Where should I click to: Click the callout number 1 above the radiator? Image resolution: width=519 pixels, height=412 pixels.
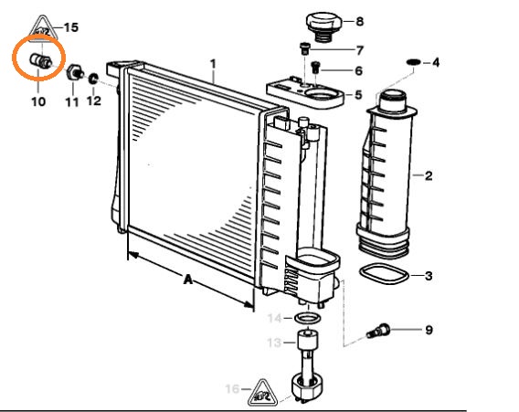click(213, 64)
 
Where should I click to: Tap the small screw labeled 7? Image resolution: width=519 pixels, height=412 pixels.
click(304, 48)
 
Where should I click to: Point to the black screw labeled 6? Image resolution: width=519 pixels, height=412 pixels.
click(315, 68)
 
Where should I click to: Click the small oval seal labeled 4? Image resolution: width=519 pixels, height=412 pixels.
click(413, 62)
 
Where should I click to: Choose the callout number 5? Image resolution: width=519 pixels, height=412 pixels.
click(358, 95)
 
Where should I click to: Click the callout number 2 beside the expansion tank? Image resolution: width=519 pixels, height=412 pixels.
click(429, 175)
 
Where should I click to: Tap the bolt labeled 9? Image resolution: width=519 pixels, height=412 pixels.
click(378, 331)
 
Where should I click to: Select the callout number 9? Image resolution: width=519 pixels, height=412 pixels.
click(429, 330)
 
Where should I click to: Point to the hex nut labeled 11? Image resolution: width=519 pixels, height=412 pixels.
click(75, 72)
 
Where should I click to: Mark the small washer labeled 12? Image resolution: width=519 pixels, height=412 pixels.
click(93, 79)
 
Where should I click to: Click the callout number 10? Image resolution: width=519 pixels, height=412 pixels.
click(38, 101)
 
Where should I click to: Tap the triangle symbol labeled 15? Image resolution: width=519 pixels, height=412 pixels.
click(42, 28)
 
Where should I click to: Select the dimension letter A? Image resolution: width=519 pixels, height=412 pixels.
click(188, 280)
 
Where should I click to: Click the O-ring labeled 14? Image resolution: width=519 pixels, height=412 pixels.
click(308, 318)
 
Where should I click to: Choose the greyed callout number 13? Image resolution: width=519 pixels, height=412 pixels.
click(274, 343)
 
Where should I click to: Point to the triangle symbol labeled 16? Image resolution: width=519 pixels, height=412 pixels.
click(262, 393)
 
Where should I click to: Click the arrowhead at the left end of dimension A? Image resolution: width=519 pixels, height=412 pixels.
click(133, 255)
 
